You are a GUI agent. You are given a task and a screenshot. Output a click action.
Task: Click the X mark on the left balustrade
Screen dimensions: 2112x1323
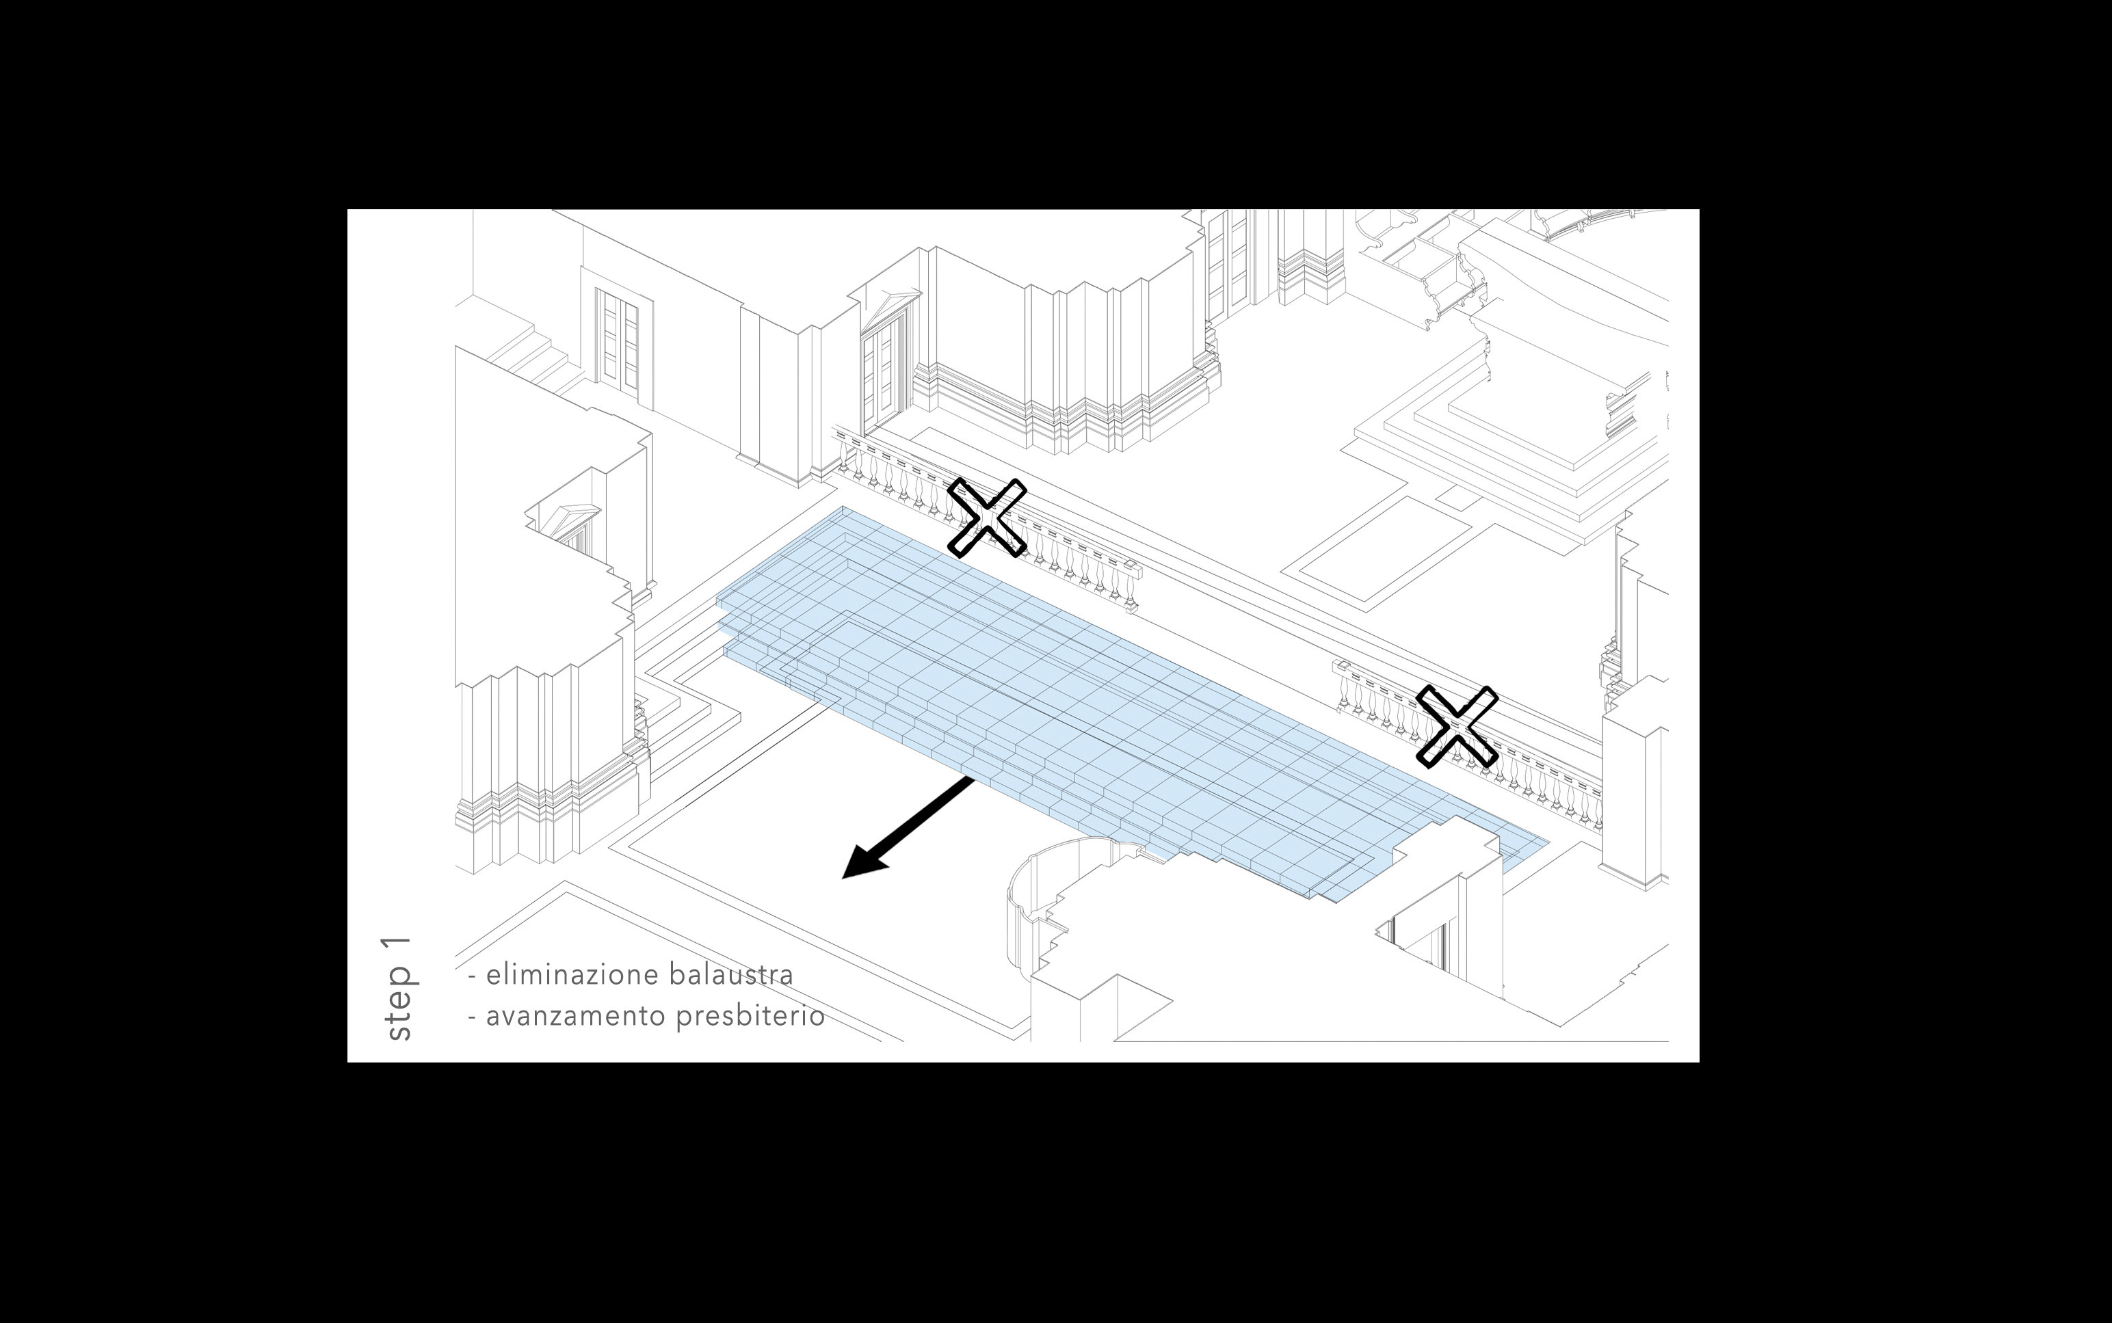(x=986, y=517)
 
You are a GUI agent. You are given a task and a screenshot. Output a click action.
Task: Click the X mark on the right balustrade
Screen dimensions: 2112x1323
(x=1456, y=726)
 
